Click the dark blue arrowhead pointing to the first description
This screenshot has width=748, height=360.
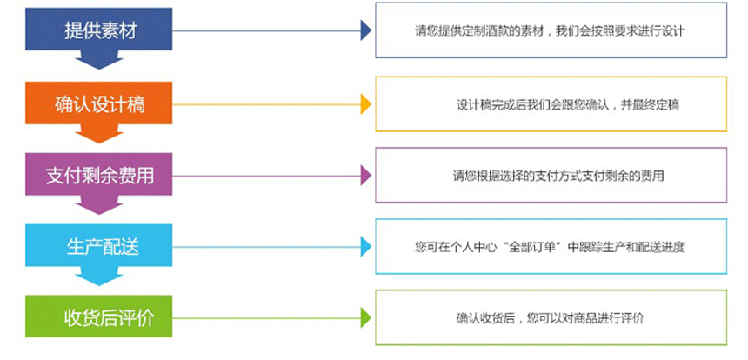(x=365, y=31)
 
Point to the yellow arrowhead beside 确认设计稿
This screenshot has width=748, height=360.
(x=365, y=104)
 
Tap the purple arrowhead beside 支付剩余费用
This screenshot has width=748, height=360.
(x=365, y=175)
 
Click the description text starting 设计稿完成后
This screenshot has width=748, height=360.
(x=567, y=104)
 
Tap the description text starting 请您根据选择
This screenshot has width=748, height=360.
(x=558, y=175)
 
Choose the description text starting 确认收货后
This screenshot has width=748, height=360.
(x=550, y=318)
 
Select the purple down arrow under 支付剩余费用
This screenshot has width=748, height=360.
(x=98, y=205)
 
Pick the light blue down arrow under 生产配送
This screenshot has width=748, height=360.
(x=98, y=276)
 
